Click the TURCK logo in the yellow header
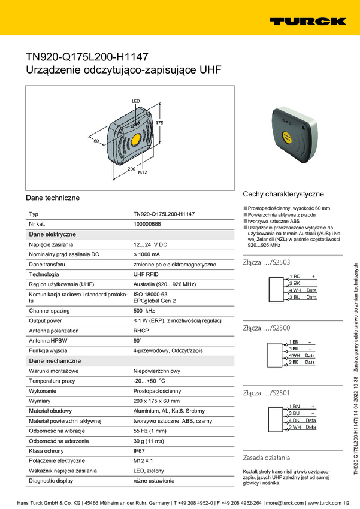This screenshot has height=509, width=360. coord(307,21)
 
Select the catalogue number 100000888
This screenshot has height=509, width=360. coord(147,223)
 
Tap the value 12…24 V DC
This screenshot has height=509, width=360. coord(150,244)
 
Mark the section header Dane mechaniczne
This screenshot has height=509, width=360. coord(55,361)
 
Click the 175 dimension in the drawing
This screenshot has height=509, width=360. coord(159,122)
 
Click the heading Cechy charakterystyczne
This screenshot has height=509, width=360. coord(283,194)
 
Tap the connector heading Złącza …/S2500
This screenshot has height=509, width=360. coord(267,328)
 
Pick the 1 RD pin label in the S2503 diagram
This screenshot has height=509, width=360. coord(294,276)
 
